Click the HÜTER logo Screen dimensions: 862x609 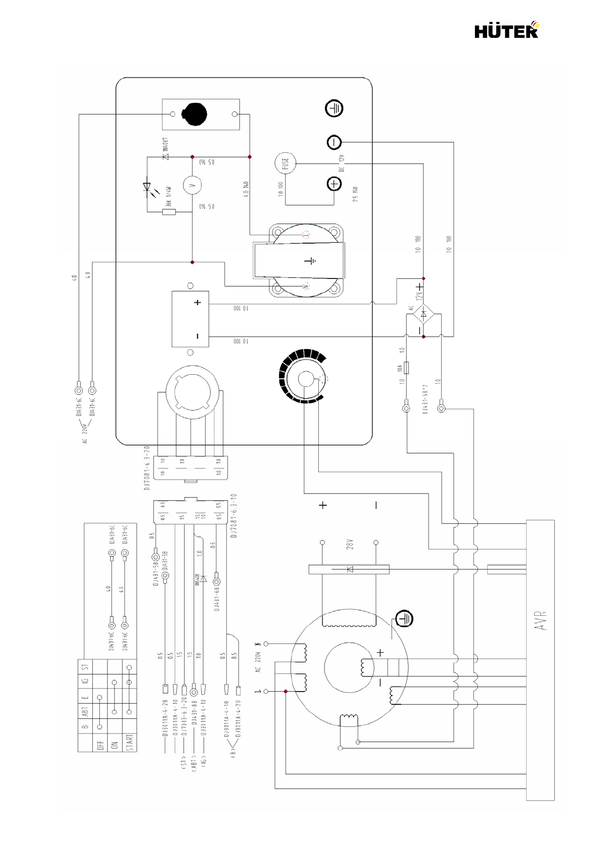[506, 31]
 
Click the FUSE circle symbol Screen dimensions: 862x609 [285, 163]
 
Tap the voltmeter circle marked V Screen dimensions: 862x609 [192, 185]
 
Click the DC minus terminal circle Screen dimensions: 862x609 [334, 142]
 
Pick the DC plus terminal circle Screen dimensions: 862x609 [334, 184]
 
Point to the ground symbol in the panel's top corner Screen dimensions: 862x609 [334, 109]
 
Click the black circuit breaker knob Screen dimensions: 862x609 [195, 113]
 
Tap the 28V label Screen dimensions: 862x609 [350, 544]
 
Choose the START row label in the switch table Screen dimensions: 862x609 [129, 742]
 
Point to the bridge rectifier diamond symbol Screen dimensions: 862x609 [423, 314]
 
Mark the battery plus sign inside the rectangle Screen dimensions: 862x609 [198, 303]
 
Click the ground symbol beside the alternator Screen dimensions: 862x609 [404, 618]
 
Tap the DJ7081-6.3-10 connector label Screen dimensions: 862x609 [233, 516]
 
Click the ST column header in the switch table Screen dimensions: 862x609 [85, 666]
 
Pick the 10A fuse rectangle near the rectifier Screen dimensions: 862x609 [406, 368]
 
